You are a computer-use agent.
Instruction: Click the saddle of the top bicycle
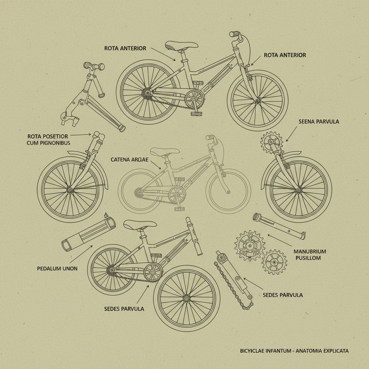(x=181, y=45)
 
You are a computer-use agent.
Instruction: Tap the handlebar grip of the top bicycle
(x=235, y=34)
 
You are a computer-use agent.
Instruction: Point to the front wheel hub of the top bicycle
(x=257, y=100)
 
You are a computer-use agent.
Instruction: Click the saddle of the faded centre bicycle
(x=165, y=151)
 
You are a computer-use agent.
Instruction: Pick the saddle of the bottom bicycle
(x=140, y=224)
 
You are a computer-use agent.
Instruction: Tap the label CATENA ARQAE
(x=129, y=159)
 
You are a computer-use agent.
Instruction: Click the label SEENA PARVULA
(x=319, y=121)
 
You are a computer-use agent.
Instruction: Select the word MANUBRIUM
(x=310, y=251)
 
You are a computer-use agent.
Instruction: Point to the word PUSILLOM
(x=308, y=258)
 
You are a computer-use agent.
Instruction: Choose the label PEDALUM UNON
(x=57, y=268)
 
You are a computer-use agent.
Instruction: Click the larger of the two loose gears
(x=250, y=246)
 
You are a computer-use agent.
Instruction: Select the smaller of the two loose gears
(x=274, y=262)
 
